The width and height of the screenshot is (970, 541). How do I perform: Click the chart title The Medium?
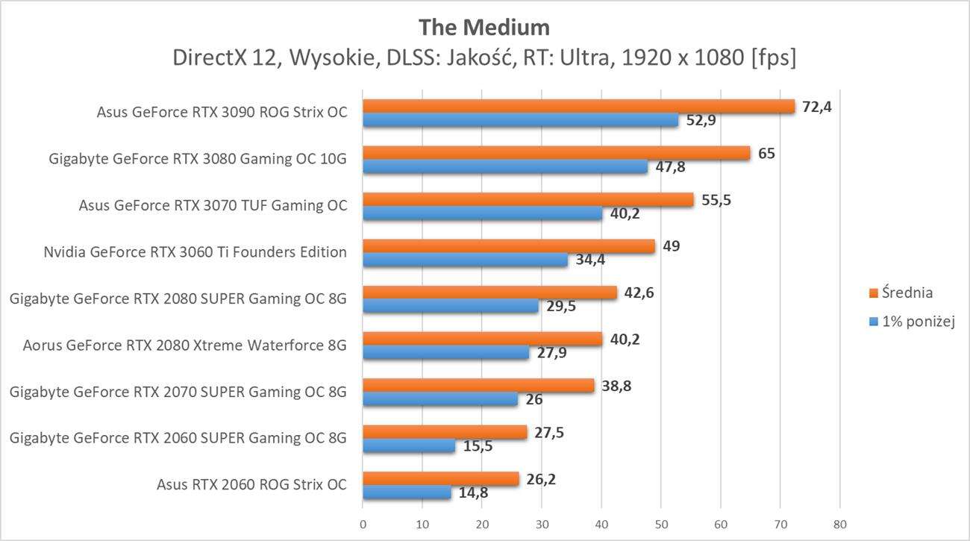(x=484, y=27)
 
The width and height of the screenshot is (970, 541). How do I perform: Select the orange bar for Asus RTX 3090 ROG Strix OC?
(x=578, y=107)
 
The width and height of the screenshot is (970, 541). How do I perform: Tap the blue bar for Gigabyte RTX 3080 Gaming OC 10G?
(x=504, y=167)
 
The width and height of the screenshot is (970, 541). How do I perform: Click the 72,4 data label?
(x=816, y=107)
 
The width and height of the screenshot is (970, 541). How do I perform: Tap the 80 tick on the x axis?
(x=839, y=524)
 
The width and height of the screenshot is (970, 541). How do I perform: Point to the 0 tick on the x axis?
(x=363, y=524)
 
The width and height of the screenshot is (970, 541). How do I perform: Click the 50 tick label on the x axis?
(x=660, y=524)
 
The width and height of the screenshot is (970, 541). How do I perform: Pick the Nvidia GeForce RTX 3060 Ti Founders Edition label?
(x=195, y=252)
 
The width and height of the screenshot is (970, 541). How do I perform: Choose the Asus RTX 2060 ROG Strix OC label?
(x=251, y=484)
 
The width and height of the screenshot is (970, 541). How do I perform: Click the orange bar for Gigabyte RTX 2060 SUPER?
(x=445, y=432)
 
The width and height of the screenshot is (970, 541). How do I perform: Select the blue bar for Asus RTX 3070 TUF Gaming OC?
(x=482, y=213)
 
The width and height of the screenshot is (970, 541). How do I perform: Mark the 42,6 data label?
(x=639, y=293)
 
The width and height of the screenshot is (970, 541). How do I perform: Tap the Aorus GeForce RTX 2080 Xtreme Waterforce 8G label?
(x=185, y=345)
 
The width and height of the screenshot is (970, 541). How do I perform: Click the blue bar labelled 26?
(x=440, y=399)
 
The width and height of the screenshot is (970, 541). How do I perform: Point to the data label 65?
(x=766, y=154)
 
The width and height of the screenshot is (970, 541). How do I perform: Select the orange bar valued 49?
(x=508, y=246)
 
